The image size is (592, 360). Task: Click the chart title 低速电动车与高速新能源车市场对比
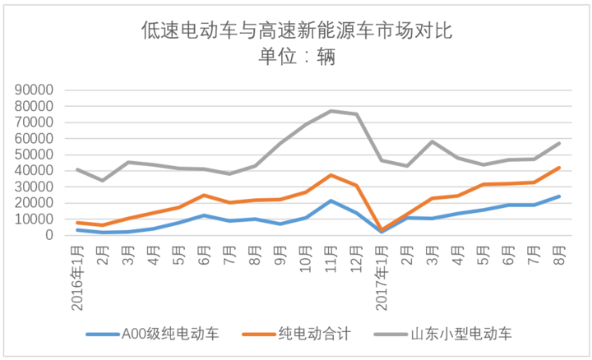coord(296,31)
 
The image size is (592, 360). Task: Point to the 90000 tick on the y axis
coord(34,90)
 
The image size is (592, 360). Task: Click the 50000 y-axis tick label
coord(34,155)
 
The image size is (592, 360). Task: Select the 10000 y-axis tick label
coord(34,219)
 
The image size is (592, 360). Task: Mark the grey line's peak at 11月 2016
coord(331,111)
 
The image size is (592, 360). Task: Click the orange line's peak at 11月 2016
coord(331,175)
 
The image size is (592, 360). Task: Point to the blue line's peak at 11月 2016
coord(331,201)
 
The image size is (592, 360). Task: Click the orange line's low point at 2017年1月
coord(382,230)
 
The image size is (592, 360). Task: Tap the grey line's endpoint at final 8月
coord(559,143)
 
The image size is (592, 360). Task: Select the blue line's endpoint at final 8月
coord(559,196)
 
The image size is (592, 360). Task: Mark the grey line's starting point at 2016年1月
coord(76,169)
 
